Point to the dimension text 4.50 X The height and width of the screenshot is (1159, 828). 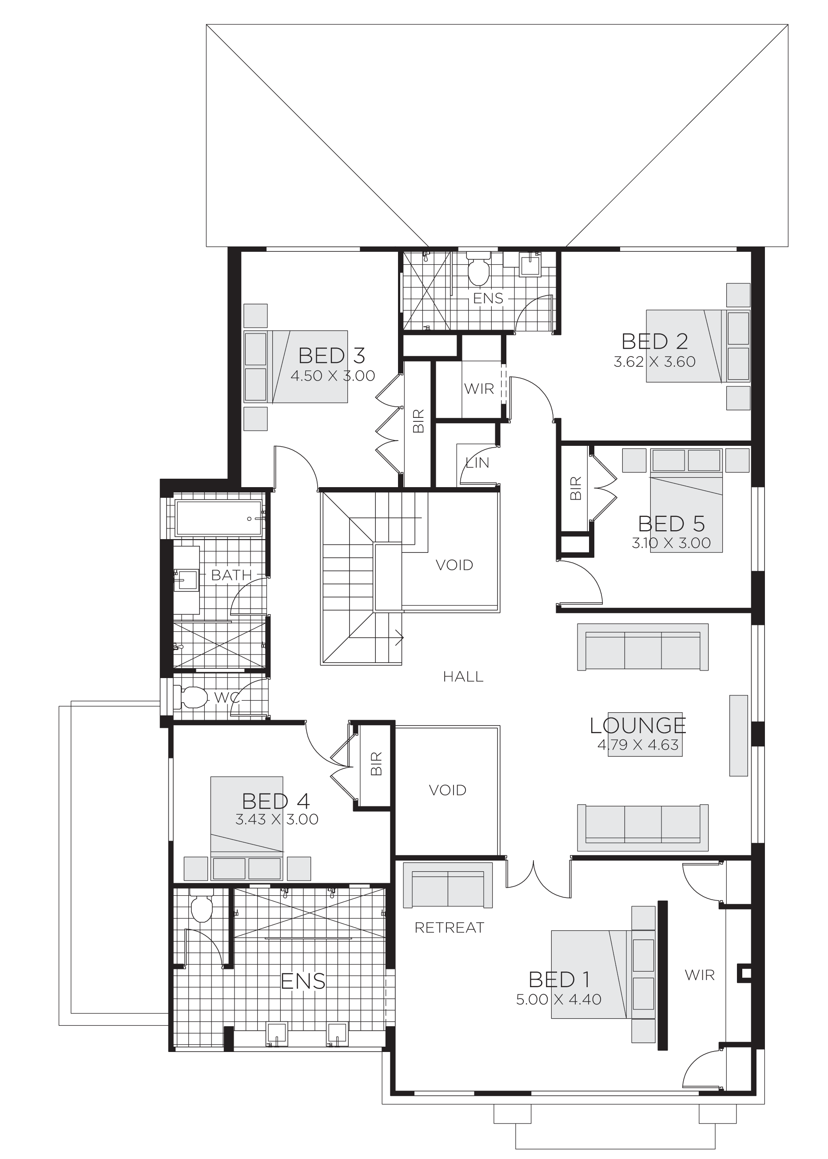[x=314, y=376]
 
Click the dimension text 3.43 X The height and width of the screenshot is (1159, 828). [x=258, y=820]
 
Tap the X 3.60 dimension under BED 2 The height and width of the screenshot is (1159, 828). [x=672, y=362]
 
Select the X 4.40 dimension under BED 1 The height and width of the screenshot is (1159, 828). [x=577, y=1000]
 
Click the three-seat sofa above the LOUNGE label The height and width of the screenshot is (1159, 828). [x=642, y=647]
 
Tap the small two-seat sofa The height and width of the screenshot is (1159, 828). [x=447, y=885]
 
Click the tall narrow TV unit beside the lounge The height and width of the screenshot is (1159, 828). [x=738, y=735]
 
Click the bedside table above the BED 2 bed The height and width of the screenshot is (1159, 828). [x=738, y=295]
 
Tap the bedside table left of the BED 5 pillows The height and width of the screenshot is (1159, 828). [x=634, y=460]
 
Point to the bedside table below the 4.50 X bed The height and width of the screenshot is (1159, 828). [x=255, y=418]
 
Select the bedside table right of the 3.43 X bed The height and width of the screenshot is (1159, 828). [x=299, y=869]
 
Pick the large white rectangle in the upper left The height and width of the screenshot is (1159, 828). [x=87, y=219]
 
